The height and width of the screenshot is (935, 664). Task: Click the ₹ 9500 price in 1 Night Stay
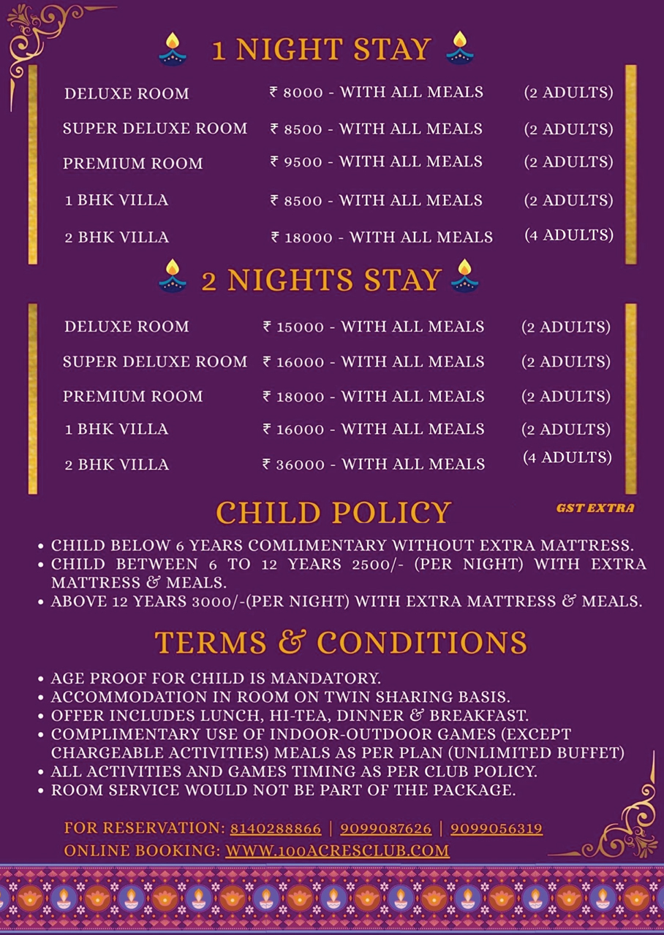pyautogui.click(x=296, y=162)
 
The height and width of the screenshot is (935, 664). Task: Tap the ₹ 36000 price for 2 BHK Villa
pyautogui.click(x=294, y=465)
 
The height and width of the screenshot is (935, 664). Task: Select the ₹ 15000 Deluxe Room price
pyautogui.click(x=293, y=327)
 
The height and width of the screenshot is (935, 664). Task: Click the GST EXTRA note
pyautogui.click(x=595, y=508)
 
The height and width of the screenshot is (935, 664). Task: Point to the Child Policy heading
pyautogui.click(x=333, y=513)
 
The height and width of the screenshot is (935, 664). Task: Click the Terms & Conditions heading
pyautogui.click(x=341, y=643)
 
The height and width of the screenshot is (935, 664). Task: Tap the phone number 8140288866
pyautogui.click(x=276, y=829)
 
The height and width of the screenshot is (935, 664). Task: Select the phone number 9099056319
pyautogui.click(x=497, y=829)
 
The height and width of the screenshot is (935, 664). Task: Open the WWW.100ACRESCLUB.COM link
pyautogui.click(x=337, y=851)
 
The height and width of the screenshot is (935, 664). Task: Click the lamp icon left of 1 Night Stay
pyautogui.click(x=173, y=49)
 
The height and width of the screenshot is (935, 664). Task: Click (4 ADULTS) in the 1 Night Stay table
pyautogui.click(x=569, y=235)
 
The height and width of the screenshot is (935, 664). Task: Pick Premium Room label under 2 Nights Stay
pyautogui.click(x=133, y=397)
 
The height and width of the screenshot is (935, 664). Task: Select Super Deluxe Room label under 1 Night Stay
pyautogui.click(x=155, y=129)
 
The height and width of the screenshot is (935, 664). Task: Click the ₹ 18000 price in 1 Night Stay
pyautogui.click(x=301, y=237)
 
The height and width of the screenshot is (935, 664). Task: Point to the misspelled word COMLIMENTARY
pyautogui.click(x=317, y=546)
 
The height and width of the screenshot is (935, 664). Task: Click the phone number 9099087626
pyautogui.click(x=386, y=829)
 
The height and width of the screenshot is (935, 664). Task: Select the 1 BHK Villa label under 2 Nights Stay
pyautogui.click(x=116, y=430)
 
